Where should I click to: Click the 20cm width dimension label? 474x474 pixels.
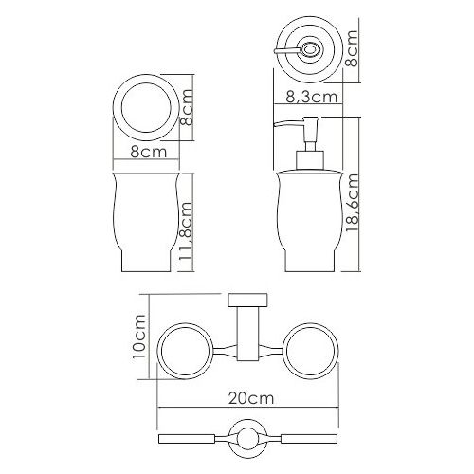tap(251, 398)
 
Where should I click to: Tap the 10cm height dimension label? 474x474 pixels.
tap(139, 337)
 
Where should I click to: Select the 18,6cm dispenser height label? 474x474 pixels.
tap(352, 204)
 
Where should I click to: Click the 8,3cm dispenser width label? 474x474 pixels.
tap(311, 97)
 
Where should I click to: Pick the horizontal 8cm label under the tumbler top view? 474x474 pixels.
tap(149, 152)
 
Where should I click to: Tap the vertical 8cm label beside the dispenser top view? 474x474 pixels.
tap(352, 48)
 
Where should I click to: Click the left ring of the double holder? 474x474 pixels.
tap(159, 351)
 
